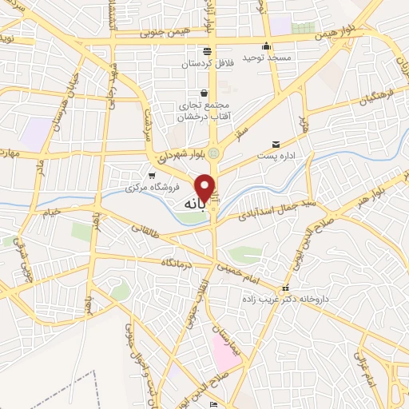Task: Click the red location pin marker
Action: click(x=205, y=187)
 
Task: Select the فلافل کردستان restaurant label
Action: click(x=205, y=64)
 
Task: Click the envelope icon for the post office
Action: click(x=276, y=144)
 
